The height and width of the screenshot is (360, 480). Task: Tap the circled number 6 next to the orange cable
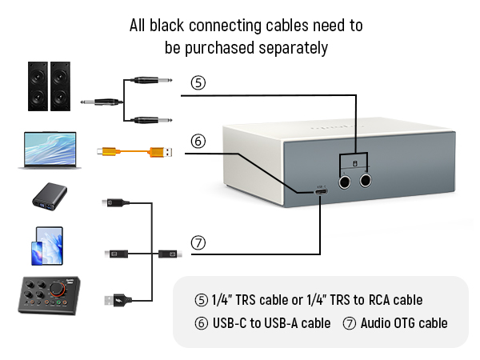198,142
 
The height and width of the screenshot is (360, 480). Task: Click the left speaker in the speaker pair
38,86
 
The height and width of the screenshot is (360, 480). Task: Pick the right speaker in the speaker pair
60,86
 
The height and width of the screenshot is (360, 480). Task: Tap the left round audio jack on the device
345,181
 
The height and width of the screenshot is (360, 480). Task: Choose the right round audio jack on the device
367,181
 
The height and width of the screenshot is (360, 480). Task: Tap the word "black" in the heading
168,26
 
